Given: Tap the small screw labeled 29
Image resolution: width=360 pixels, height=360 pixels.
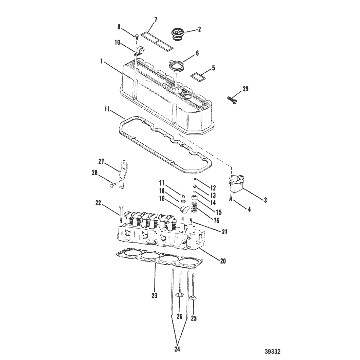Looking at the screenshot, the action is (x=232, y=99).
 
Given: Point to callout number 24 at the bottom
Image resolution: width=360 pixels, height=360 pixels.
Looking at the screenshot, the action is (x=177, y=349).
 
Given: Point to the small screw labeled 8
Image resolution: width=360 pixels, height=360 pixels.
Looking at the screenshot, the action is (x=136, y=36).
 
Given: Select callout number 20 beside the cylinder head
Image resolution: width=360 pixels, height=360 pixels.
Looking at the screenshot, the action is (x=223, y=261).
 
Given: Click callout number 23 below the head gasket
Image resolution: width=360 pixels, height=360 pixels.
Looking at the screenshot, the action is (x=154, y=296).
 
